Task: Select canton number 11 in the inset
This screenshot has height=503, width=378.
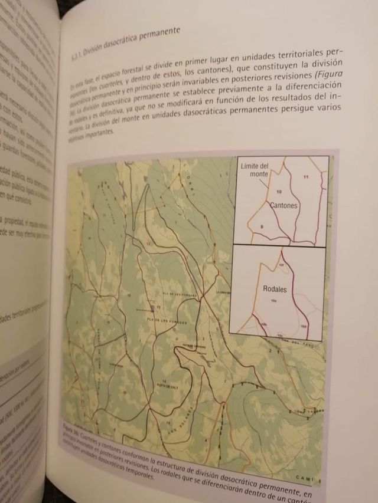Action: (305, 177)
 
